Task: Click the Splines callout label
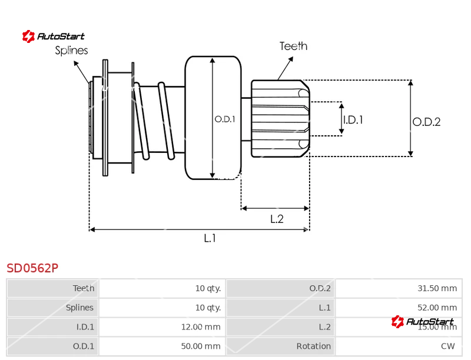click(x=71, y=51)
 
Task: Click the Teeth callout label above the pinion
click(x=293, y=46)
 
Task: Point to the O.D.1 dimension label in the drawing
click(x=224, y=119)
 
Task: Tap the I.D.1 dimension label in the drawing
click(x=353, y=119)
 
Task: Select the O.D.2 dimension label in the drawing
click(x=426, y=122)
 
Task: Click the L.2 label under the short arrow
click(x=277, y=219)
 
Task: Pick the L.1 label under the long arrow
click(x=210, y=238)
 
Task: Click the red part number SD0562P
click(x=32, y=268)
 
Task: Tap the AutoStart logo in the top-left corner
click(x=54, y=36)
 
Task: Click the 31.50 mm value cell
click(x=437, y=288)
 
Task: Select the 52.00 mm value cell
click(x=437, y=308)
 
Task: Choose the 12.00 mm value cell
click(x=201, y=327)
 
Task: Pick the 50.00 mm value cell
click(x=201, y=346)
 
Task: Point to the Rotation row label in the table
click(x=314, y=346)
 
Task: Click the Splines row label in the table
click(x=79, y=308)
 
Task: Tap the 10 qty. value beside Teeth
click(x=208, y=288)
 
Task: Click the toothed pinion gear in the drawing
click(x=280, y=118)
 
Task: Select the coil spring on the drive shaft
click(x=154, y=121)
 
